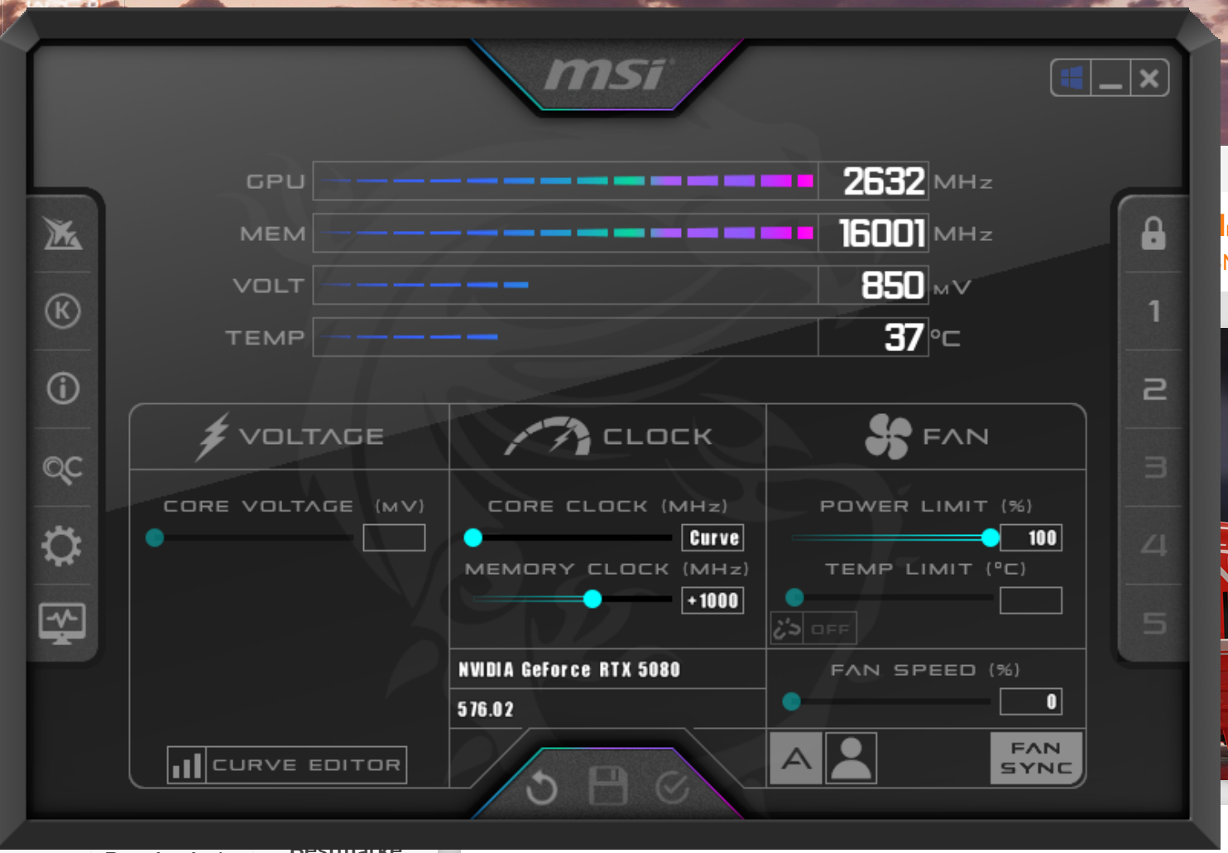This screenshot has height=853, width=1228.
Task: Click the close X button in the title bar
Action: (1149, 79)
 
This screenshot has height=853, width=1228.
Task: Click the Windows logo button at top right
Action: (1072, 79)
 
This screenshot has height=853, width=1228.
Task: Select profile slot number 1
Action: (1154, 311)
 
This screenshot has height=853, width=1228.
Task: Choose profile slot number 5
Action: (1154, 623)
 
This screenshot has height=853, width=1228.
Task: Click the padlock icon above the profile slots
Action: (1154, 234)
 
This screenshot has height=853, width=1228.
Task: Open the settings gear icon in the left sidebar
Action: (62, 546)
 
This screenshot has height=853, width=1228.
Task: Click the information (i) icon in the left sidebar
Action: (63, 388)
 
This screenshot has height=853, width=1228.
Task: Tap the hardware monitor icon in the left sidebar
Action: (62, 623)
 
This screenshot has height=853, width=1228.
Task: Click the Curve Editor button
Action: (287, 765)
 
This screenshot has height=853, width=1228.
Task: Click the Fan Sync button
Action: (1036, 758)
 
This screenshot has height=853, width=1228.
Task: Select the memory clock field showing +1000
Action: (712, 600)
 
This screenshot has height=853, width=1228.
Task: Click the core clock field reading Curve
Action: (712, 537)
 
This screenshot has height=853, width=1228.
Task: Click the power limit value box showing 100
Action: (1031, 537)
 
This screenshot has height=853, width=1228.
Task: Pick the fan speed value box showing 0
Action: (1031, 701)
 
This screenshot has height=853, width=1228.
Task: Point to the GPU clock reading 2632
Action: (882, 181)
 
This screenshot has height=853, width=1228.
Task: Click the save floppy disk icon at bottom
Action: (607, 786)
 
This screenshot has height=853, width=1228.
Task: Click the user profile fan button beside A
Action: (851, 758)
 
